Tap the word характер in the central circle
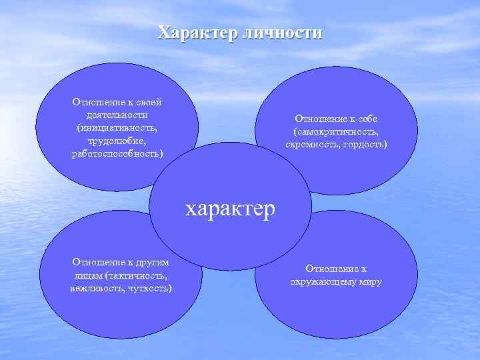(230, 209)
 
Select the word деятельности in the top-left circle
(120, 115)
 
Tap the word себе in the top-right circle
(366, 119)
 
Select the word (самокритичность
(336, 132)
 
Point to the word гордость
(364, 145)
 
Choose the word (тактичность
(134, 275)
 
